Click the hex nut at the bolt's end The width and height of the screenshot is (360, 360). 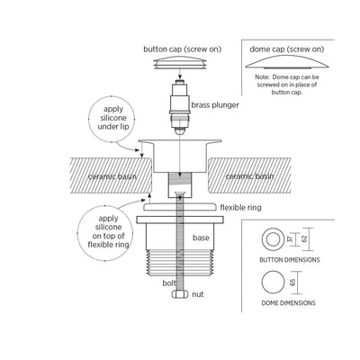(180, 294)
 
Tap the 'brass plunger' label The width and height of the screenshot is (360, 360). (215, 105)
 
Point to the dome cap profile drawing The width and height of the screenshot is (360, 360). (287, 63)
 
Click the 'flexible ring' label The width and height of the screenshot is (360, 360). (240, 208)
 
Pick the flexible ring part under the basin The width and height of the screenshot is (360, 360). (179, 207)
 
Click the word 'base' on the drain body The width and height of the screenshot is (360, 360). (201, 238)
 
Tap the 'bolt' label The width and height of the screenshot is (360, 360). (169, 283)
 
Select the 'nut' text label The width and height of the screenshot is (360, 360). (198, 294)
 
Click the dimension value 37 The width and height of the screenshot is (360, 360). (289, 239)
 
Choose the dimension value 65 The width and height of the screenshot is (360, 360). (292, 283)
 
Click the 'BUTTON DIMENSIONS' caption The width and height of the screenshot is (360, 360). (290, 260)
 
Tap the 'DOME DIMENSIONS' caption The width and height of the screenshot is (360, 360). (288, 303)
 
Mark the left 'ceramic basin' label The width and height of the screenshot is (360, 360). (112, 176)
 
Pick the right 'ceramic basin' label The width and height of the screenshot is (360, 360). (249, 176)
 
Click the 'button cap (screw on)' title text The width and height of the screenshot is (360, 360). (183, 49)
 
